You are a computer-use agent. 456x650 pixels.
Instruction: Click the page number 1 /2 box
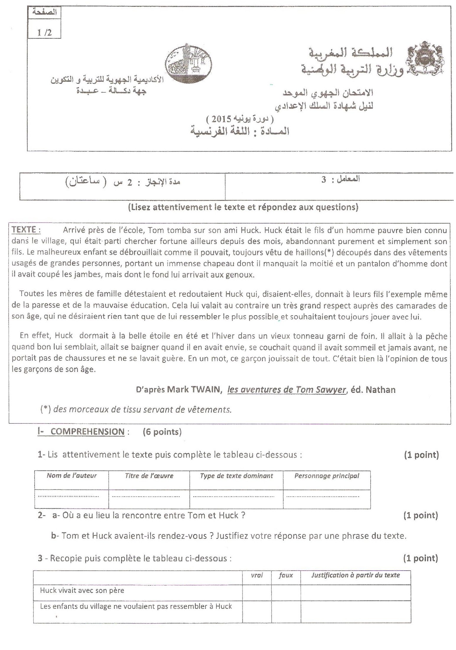44,32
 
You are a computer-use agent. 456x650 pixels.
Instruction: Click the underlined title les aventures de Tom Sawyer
286,390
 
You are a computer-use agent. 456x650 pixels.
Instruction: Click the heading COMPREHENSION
87,432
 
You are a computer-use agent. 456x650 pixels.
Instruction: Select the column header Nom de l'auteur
71,475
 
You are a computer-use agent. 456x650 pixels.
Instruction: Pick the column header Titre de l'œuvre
149,476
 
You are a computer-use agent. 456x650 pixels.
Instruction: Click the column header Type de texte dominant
236,476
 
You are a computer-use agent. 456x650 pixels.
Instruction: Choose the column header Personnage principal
327,476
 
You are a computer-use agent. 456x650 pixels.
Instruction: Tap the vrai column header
257,575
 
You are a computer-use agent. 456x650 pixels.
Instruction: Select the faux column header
286,575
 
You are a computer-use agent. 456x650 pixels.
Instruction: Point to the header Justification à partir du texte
356,575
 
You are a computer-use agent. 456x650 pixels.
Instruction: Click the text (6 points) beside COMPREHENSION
162,432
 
